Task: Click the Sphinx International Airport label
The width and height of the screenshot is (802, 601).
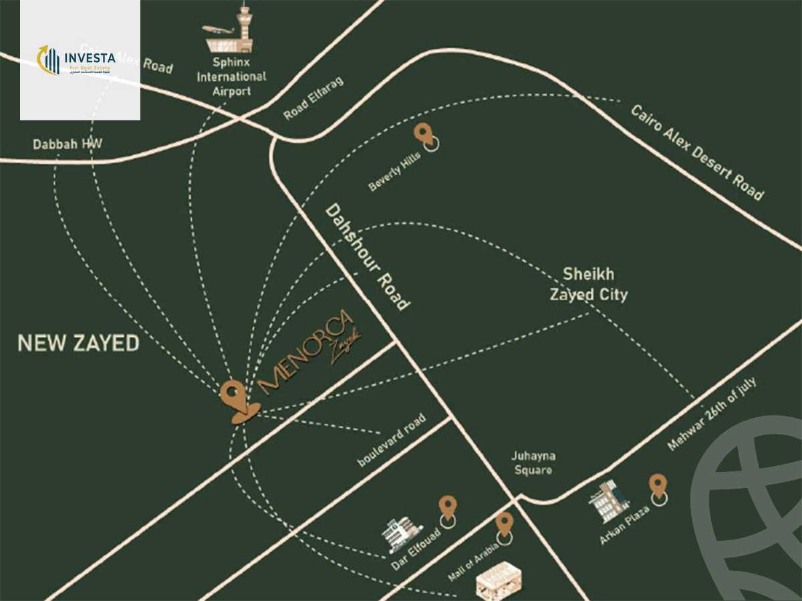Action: (231, 76)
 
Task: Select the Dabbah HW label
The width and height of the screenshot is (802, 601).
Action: (68, 144)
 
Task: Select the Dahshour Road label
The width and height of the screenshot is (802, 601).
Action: (367, 257)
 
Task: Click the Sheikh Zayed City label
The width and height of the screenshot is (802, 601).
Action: (588, 284)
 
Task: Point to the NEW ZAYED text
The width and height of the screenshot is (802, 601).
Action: (78, 344)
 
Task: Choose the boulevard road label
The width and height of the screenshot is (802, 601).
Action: (391, 441)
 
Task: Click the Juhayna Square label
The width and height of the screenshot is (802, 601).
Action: (533, 463)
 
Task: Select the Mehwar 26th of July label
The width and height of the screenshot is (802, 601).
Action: (712, 414)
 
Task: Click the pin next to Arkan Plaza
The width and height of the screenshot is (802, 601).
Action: (658, 487)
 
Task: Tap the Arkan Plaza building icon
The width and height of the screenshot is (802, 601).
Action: (608, 500)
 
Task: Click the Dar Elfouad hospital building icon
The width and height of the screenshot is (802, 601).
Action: (403, 533)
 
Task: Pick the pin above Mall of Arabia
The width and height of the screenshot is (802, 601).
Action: (504, 525)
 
